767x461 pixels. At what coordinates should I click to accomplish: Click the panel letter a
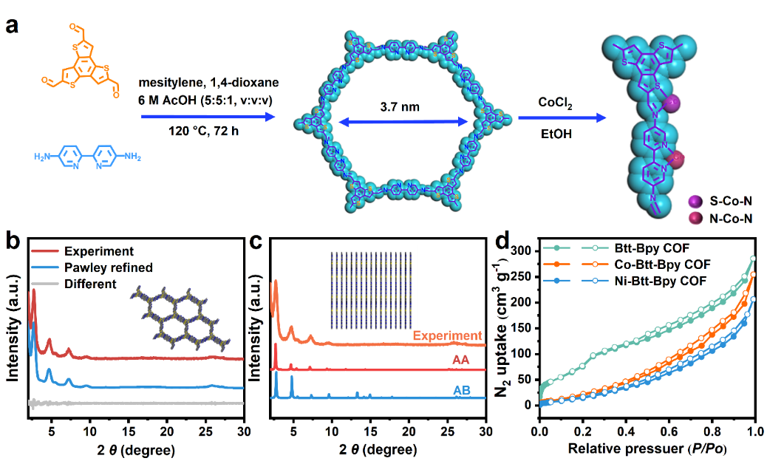[x=12, y=27]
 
